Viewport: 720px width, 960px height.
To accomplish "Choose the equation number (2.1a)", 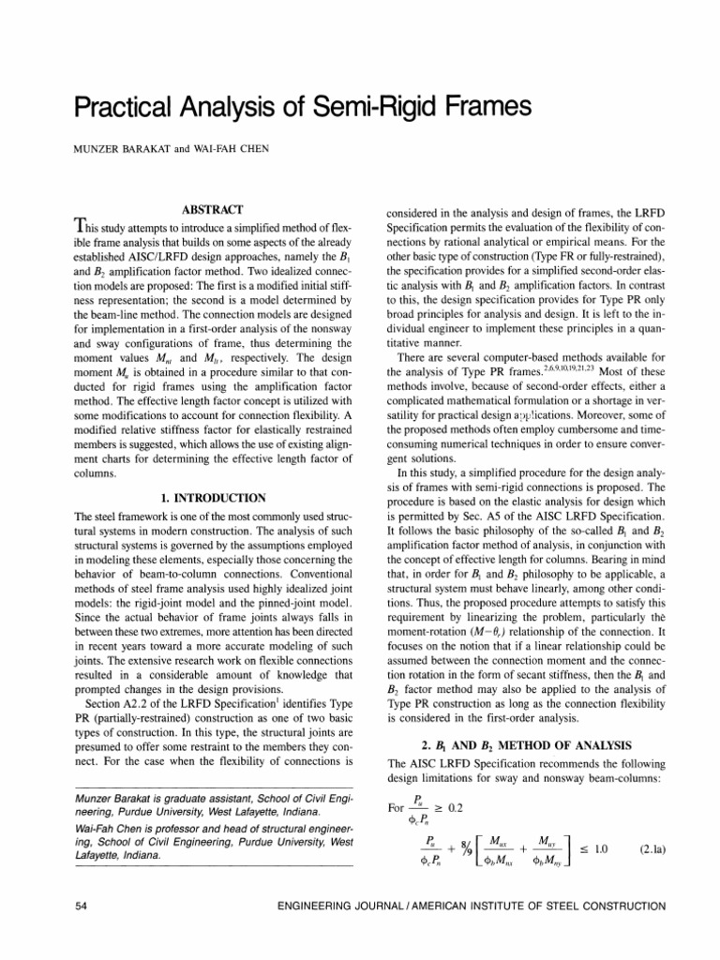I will [642, 849].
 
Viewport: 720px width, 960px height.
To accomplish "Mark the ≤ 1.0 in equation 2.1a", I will [590, 849].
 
